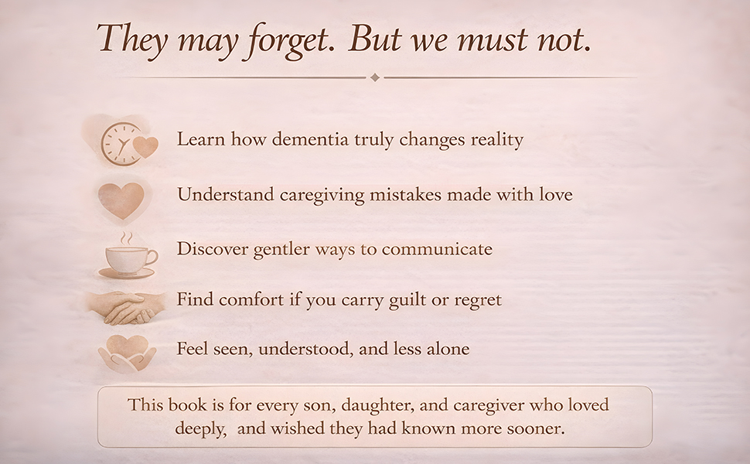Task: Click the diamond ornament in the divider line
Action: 375,77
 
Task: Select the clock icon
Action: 121,143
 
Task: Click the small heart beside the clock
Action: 145,145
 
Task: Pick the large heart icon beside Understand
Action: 121,200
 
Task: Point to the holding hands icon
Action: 126,306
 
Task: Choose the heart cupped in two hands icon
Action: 127,353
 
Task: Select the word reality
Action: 494,140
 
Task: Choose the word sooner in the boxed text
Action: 537,428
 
